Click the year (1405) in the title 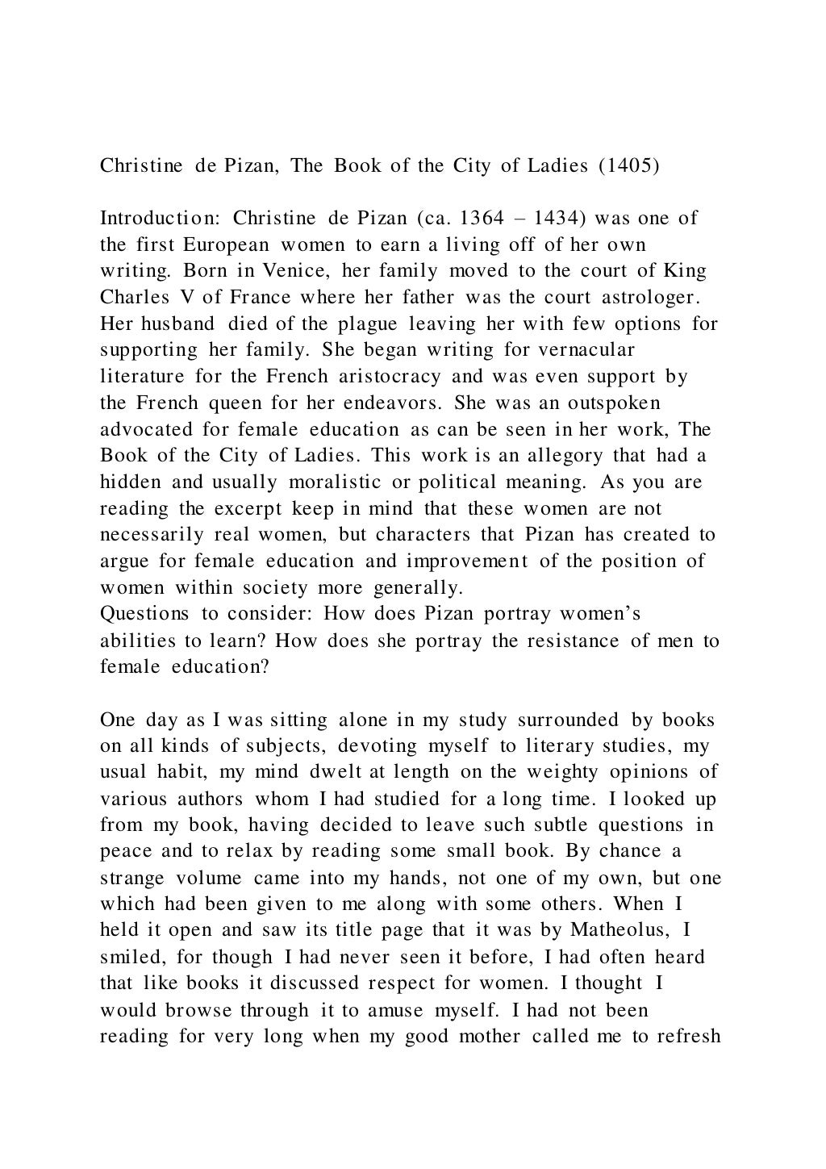(x=628, y=166)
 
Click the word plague (x=368, y=324)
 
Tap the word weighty (x=561, y=772)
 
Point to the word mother (x=490, y=1037)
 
